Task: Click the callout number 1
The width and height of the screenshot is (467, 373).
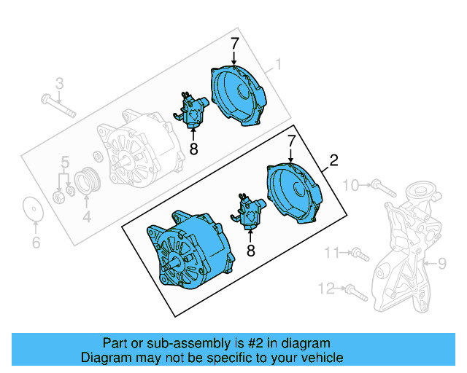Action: [x=277, y=66]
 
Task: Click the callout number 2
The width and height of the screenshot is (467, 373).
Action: [x=334, y=160]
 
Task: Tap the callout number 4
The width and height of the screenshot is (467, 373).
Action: [x=86, y=216]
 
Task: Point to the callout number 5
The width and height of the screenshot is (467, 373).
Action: [x=65, y=161]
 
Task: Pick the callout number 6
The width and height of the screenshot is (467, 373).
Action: [x=36, y=243]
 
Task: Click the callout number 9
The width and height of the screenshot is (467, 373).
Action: [x=441, y=263]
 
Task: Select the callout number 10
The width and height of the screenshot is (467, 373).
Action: [x=350, y=186]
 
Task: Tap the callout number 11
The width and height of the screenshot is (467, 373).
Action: [x=333, y=253]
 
